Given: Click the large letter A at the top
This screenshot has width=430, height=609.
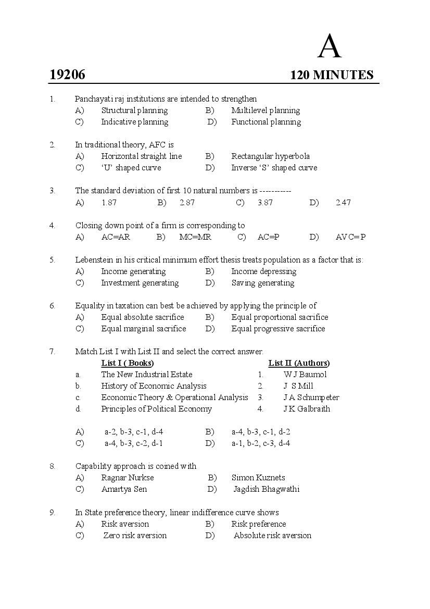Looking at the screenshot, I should [330, 47].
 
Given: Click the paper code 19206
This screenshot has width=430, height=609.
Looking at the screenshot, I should [67, 75].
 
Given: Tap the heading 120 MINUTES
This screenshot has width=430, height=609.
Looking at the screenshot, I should [332, 75].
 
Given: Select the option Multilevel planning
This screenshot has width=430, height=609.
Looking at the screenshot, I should [265, 110].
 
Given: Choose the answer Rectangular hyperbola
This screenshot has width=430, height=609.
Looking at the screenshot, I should [270, 156].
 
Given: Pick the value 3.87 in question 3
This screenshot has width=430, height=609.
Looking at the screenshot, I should [265, 203].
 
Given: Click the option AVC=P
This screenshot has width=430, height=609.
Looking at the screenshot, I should [350, 237].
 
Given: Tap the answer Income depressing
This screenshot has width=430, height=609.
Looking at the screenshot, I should [263, 271].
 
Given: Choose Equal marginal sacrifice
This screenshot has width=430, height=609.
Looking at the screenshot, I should [143, 329].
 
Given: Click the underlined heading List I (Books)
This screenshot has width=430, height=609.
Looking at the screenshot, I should [128, 363].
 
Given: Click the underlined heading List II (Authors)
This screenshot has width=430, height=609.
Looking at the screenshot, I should [299, 363].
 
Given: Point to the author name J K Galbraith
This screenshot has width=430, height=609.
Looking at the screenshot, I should [307, 409].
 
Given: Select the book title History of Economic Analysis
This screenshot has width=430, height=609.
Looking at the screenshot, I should [154, 386].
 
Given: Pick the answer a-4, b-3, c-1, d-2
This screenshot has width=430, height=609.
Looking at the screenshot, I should [261, 432].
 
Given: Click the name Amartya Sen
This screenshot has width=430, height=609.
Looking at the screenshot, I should [124, 489].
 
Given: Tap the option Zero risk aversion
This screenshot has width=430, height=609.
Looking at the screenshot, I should [135, 536].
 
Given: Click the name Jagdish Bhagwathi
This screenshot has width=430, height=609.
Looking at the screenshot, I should [267, 489].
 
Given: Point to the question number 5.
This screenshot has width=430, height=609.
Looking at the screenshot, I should [52, 259].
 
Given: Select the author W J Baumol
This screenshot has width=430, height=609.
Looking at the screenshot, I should [305, 375].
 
